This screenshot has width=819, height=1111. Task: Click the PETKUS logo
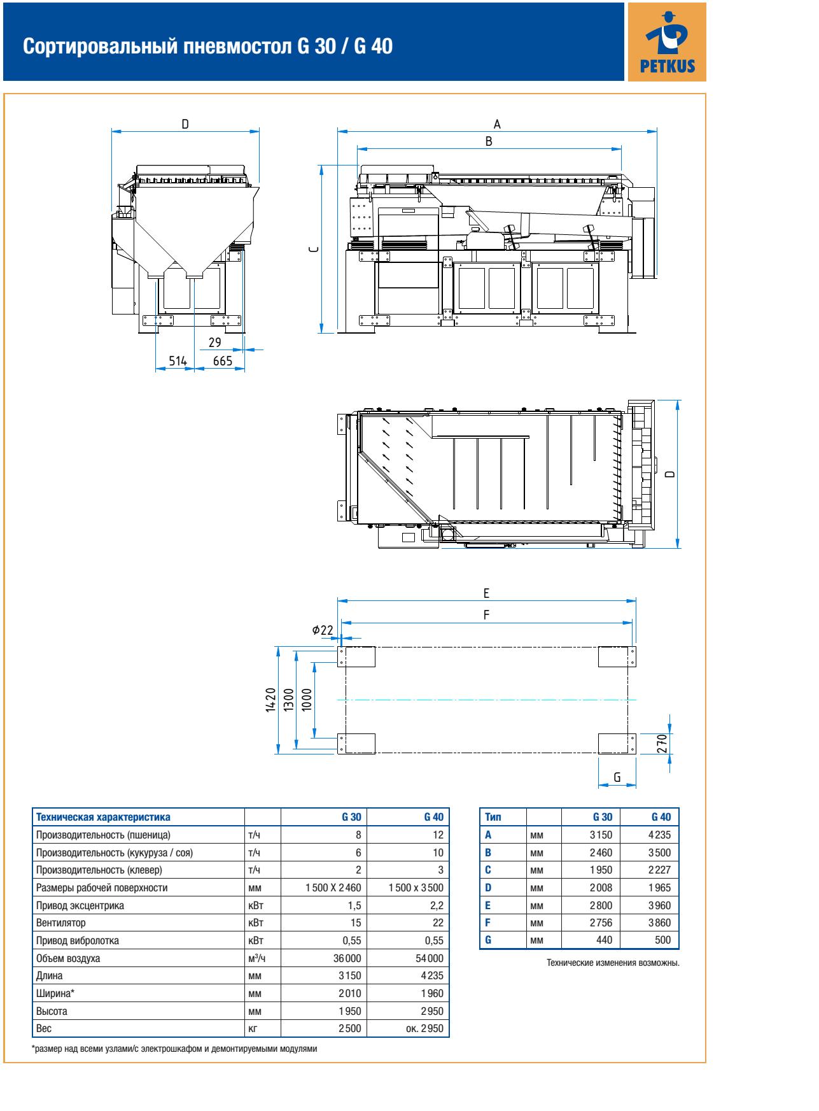[666, 41]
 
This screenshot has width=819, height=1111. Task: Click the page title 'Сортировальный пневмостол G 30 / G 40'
[207, 46]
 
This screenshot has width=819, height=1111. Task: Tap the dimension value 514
[178, 361]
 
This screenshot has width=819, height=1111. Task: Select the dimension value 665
[222, 361]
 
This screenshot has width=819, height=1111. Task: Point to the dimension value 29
[214, 342]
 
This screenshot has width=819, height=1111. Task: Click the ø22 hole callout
[323, 630]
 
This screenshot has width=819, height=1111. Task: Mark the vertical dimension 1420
[270, 701]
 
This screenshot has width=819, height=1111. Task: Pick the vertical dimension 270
[662, 743]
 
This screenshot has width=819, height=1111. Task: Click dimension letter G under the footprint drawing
[617, 777]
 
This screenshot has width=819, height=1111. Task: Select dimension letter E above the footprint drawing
[486, 593]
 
